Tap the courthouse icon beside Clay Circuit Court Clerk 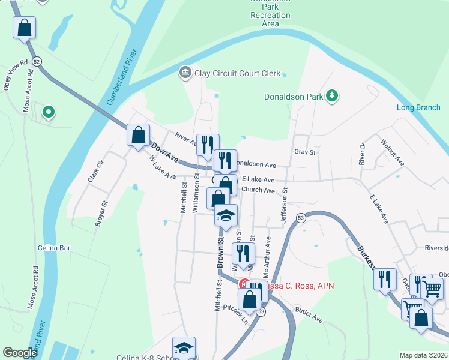coord(185,73)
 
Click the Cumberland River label coord(123,78)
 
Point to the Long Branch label coord(418,108)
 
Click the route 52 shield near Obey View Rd coord(37,62)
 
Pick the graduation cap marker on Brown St coord(226,215)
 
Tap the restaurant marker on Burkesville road coord(385,279)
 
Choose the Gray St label coord(305,152)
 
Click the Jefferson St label coord(285,208)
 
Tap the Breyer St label coord(101,214)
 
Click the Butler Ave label coord(309,316)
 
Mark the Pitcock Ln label coord(235,312)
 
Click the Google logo coord(20,353)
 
